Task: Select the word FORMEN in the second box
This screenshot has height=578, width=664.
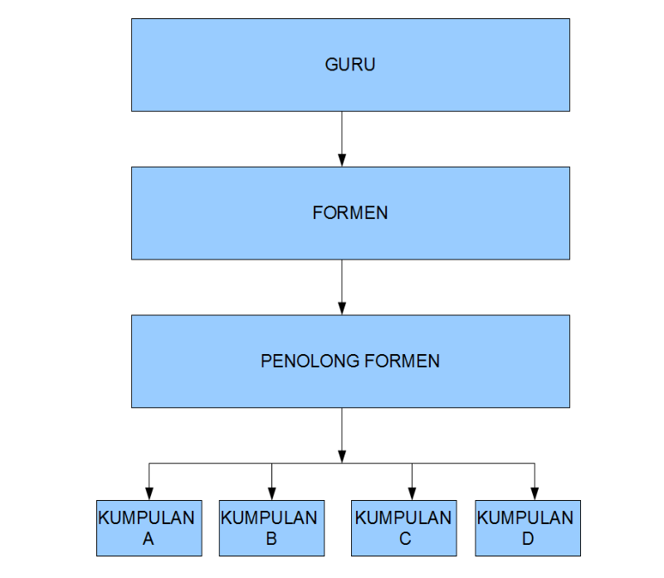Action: point(350,212)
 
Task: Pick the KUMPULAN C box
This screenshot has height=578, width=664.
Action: point(403,527)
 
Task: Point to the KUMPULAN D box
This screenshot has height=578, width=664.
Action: point(527,527)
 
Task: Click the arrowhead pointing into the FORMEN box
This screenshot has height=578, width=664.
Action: point(342,160)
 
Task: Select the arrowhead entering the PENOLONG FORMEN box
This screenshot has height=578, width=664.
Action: point(342,308)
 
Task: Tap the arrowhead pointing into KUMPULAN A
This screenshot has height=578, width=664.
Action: point(149,493)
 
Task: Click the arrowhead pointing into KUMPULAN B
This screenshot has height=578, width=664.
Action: point(272,493)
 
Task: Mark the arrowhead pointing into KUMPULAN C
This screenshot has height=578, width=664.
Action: point(413,493)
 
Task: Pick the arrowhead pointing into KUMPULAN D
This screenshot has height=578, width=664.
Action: point(535,493)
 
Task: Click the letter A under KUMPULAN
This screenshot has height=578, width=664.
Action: point(149,539)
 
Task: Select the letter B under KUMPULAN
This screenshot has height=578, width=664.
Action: point(271,539)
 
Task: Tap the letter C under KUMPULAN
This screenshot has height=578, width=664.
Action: point(404,539)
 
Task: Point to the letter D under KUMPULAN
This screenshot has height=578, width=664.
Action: point(527,539)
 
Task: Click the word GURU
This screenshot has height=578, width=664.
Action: point(350,65)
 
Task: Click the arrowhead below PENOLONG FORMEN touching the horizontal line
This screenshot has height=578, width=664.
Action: point(342,456)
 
